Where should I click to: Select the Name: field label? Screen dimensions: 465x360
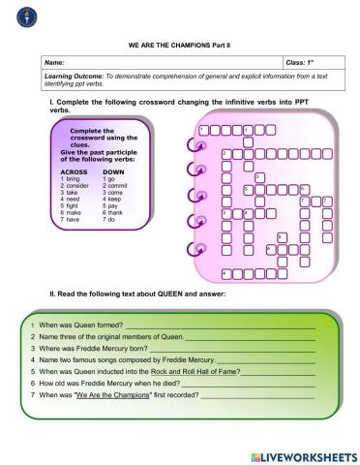57,62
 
